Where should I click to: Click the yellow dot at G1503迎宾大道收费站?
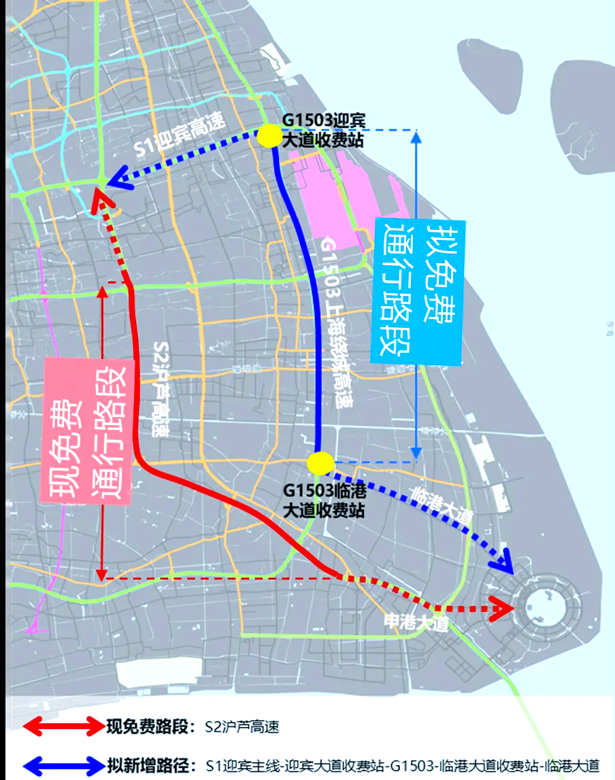click(269, 136)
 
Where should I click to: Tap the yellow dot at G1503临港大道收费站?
click(319, 463)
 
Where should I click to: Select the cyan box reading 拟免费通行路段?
click(416, 291)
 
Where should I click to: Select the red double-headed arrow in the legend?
click(61, 727)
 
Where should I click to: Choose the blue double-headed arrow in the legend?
click(61, 764)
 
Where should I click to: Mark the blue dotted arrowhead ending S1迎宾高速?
click(120, 179)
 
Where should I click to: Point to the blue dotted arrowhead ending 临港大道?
click(503, 562)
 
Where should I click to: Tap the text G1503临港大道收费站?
click(323, 500)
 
